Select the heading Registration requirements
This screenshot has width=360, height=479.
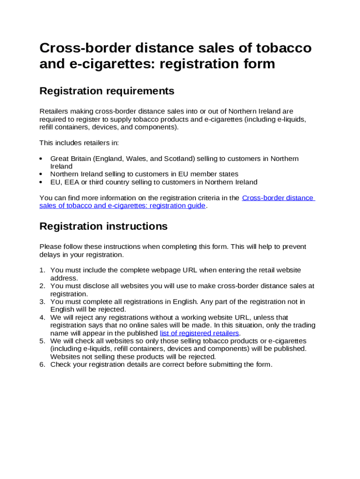(107, 91)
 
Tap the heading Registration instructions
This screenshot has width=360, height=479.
(103, 226)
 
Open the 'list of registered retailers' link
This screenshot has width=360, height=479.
(200, 334)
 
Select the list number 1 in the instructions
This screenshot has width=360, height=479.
(42, 270)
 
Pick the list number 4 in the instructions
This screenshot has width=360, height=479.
(42, 318)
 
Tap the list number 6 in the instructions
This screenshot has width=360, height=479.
(42, 365)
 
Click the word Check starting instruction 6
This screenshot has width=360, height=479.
(61, 365)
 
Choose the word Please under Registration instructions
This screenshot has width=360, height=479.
(50, 247)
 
